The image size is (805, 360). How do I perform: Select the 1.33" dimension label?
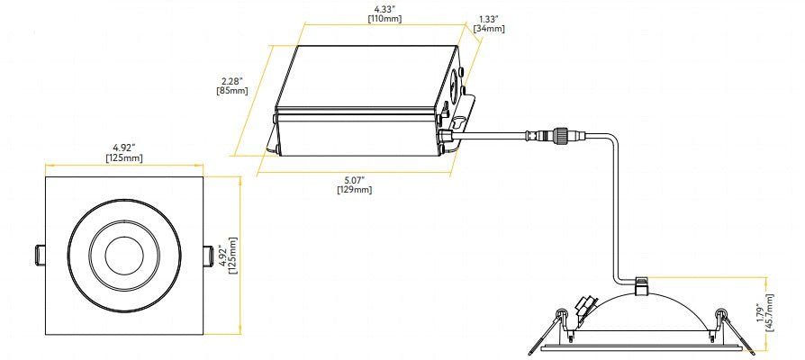tap(489, 18)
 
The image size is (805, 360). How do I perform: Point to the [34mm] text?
tap(489, 29)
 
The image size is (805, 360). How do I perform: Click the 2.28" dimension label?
tap(232, 79)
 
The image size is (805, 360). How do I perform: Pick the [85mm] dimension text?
tap(232, 90)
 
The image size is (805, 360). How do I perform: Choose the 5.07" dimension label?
tap(354, 179)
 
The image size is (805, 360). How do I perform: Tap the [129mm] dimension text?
tap(354, 190)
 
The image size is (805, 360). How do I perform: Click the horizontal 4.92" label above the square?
tap(123, 148)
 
